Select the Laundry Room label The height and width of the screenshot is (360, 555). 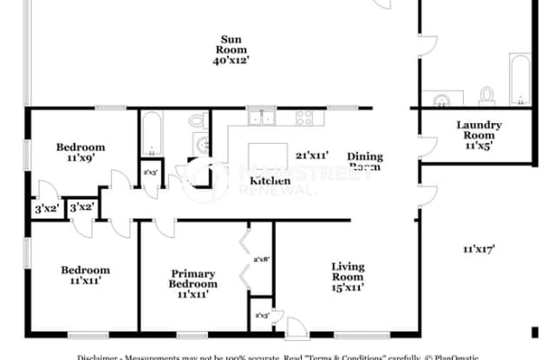coord(479,130)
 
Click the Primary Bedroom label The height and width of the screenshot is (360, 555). coord(193,278)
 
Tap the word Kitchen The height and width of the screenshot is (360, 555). coord(270,180)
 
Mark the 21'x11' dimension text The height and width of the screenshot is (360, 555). coord(313,155)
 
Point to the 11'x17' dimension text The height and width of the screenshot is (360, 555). coord(478,250)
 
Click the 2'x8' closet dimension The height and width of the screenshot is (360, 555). coord(260,259)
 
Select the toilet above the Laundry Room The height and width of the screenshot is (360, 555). coord(486,94)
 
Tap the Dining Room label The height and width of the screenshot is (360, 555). coord(365,161)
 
